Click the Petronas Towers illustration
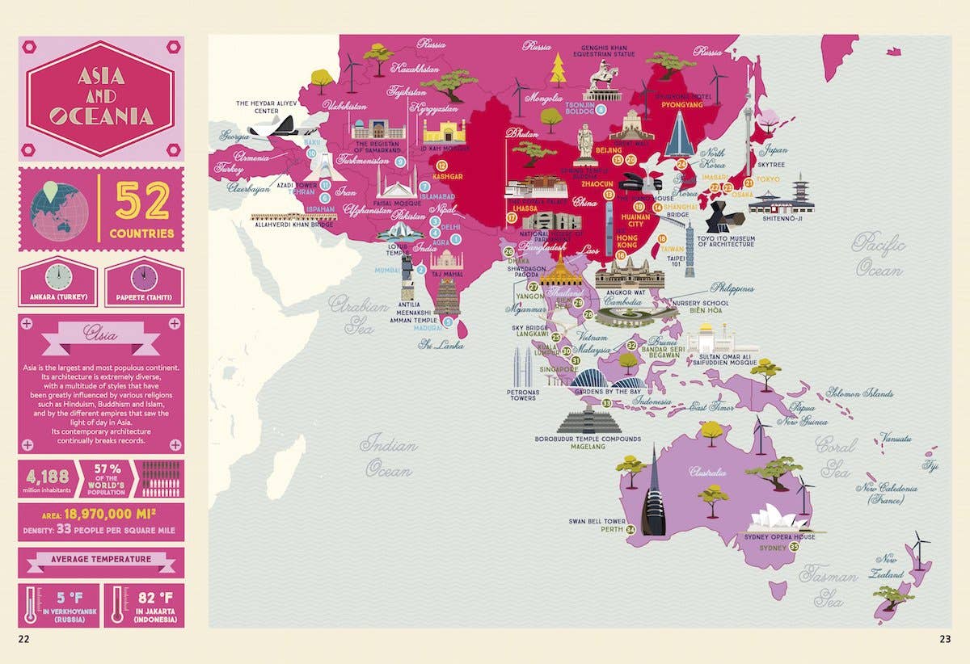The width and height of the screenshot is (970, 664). tap(523, 368)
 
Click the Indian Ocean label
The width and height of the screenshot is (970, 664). tap(389, 455)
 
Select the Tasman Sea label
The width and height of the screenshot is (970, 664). tap(827, 586)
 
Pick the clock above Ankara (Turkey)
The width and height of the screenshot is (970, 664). tap(58, 277)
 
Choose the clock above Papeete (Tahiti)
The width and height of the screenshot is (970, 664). tap(143, 277)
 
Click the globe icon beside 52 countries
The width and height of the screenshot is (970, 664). tap(58, 210)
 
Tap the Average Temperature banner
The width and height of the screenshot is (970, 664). tap(101, 559)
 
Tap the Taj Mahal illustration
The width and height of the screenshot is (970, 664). tap(446, 261)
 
